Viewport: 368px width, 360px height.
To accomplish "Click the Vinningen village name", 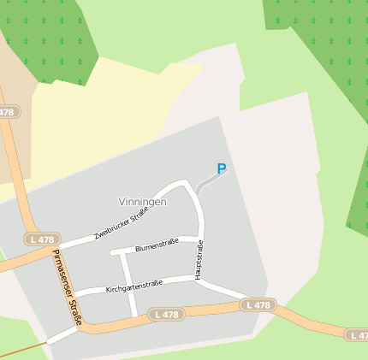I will tap(142, 202).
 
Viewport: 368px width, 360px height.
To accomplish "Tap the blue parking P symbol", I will tap(222, 169).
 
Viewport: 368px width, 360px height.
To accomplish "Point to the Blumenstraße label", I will tap(157, 245).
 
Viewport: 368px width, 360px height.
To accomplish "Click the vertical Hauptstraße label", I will tap(200, 260).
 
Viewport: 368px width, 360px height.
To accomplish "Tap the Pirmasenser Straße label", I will tap(67, 287).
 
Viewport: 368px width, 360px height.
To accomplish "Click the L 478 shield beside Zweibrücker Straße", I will tap(39, 240).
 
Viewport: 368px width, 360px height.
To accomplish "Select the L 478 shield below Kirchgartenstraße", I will tap(166, 315).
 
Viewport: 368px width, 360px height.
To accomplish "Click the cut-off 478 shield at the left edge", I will tap(7, 112).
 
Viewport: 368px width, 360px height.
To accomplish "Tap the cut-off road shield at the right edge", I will tap(358, 334).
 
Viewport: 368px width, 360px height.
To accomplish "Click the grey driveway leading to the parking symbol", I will tap(207, 183).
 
